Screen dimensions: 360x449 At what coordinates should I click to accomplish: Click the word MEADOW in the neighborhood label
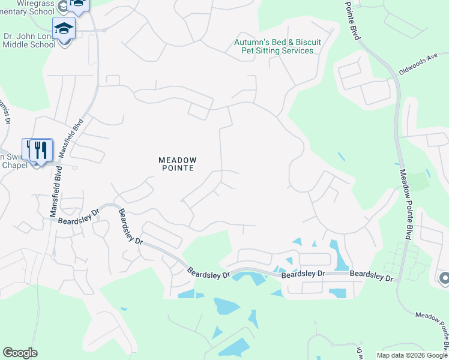177,160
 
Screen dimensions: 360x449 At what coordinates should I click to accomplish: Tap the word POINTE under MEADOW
177,169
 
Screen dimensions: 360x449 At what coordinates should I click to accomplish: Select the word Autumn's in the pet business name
252,43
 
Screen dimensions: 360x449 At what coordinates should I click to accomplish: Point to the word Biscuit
306,43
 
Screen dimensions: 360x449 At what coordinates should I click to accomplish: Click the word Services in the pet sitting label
295,51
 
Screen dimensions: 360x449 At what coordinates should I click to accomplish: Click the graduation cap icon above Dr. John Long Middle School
64,28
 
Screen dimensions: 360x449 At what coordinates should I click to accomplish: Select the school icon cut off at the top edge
77,4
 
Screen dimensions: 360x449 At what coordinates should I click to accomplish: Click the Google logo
20,353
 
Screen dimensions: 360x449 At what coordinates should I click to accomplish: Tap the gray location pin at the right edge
444,278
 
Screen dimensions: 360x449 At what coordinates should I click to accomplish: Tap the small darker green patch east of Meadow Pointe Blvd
422,180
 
